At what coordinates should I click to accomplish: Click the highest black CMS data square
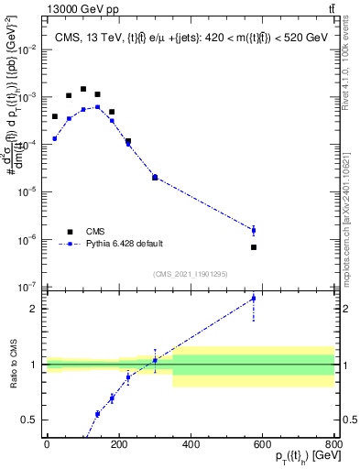83,90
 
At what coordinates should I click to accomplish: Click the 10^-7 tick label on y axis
27,287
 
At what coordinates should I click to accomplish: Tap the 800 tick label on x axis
334,444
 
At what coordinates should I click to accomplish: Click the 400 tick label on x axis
191,444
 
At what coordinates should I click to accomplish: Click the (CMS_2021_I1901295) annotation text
190,274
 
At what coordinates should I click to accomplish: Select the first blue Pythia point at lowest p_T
54,138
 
